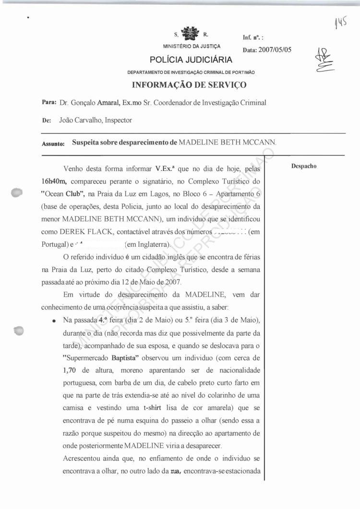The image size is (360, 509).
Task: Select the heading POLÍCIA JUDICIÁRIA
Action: tap(191, 60)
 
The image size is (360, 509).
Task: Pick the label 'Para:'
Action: tap(49, 103)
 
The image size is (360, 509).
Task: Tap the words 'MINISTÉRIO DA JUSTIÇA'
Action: tap(192, 47)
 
